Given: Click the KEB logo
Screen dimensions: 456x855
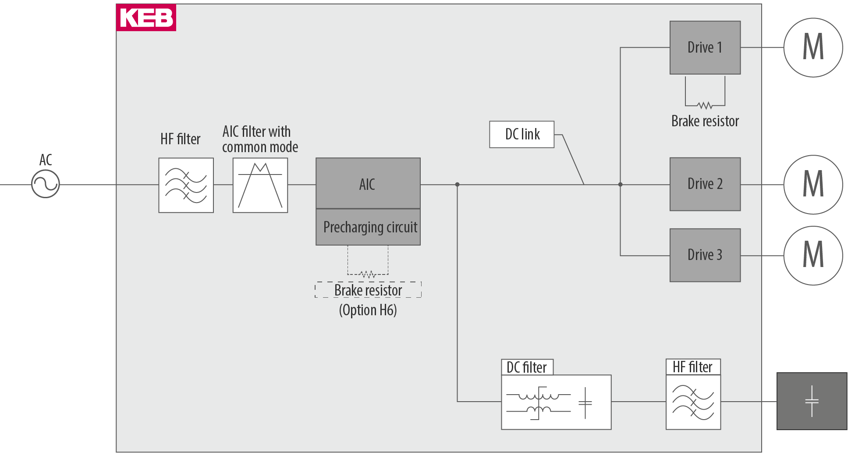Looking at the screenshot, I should click(146, 18).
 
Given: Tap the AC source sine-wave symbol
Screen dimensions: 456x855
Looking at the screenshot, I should click(45, 184).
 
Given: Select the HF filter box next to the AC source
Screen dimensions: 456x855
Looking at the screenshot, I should click(186, 185).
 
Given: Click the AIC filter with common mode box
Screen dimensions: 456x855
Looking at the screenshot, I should click(260, 185).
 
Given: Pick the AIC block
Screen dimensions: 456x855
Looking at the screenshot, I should click(368, 183).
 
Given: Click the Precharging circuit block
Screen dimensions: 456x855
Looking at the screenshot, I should click(368, 227).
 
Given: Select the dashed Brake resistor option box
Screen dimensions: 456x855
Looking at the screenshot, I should click(368, 290).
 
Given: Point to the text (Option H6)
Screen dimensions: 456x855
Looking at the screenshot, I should click(368, 310).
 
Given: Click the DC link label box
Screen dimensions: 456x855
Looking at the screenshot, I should click(522, 134).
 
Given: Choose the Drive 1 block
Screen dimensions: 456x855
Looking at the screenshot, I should click(705, 47).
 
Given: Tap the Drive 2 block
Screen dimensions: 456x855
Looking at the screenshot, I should click(705, 184).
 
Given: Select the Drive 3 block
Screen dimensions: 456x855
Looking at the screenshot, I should click(705, 255).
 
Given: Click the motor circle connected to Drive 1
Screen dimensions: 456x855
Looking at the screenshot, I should click(813, 47).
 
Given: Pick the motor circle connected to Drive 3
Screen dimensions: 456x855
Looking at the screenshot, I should click(813, 256).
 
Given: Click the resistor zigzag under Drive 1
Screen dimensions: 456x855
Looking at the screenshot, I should click(705, 105).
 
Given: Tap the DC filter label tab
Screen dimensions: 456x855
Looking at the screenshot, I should click(527, 367).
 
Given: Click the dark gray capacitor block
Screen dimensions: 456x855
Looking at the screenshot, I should click(812, 401).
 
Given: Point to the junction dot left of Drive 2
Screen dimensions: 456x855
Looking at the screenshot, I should click(620, 185).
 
